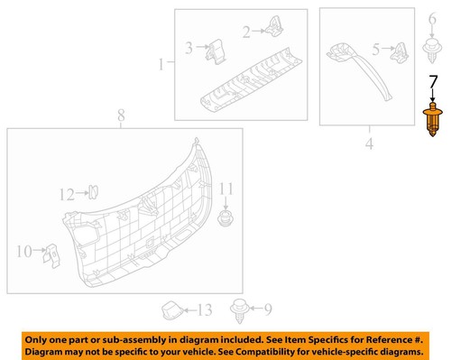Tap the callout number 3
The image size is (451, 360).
click(189, 48)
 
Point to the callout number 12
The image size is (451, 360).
click(65, 193)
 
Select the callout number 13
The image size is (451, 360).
click(205, 310)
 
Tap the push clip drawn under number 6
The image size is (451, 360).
click(430, 43)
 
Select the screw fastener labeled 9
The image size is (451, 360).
click(238, 309)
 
